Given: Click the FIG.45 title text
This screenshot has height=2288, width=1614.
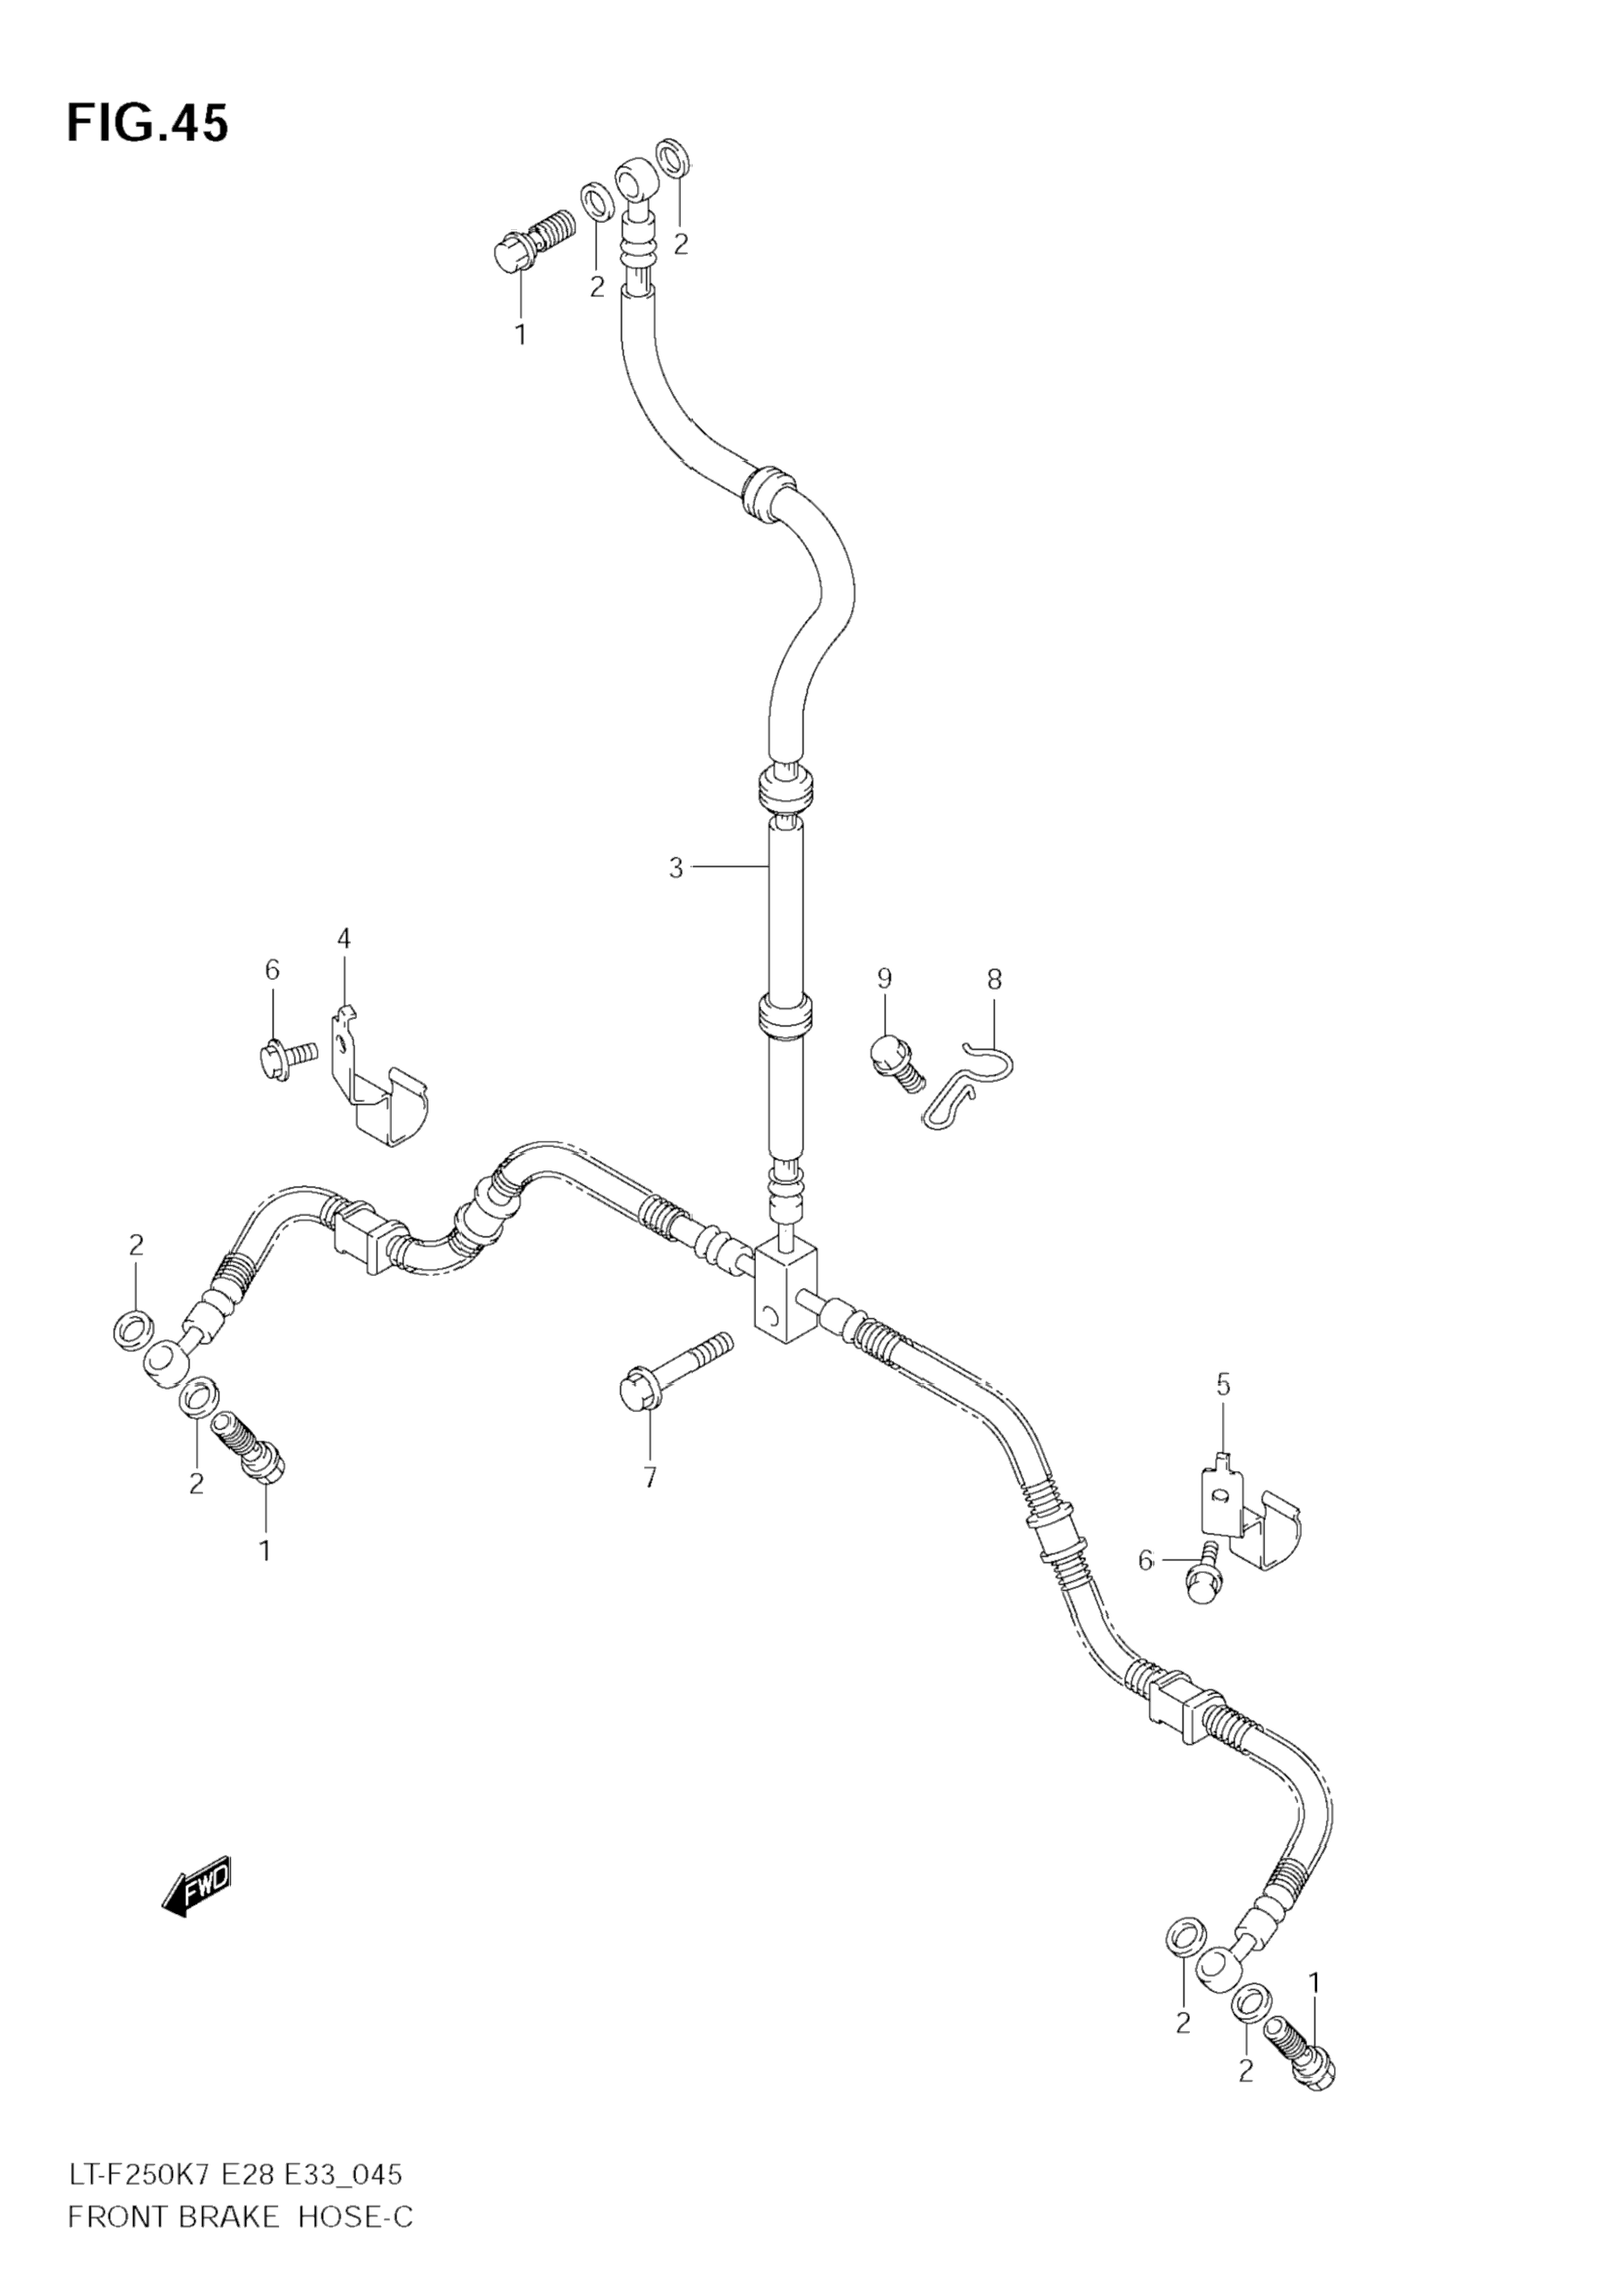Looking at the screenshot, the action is (x=148, y=123).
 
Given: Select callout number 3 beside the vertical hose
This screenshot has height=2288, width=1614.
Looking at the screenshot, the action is (x=676, y=868).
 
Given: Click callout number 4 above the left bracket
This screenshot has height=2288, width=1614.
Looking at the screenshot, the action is (x=344, y=939).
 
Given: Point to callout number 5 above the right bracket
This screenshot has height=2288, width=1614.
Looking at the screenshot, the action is (x=1223, y=1384).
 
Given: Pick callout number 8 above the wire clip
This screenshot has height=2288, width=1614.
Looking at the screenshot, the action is (x=994, y=979).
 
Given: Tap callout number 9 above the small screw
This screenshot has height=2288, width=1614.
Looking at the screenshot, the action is (x=885, y=979).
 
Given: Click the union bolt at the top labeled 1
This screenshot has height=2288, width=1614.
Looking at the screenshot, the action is (x=533, y=240).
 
